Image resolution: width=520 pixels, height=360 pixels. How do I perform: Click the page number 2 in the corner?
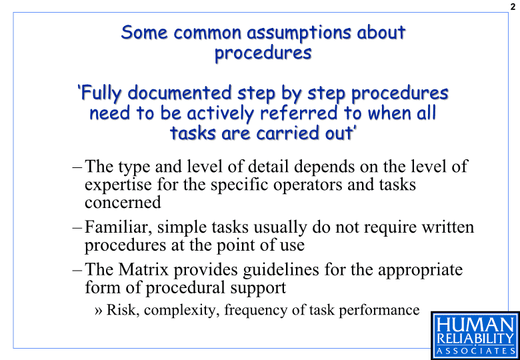(513, 6)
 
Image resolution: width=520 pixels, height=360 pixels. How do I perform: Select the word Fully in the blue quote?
(101, 93)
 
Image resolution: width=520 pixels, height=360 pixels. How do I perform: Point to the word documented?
(179, 93)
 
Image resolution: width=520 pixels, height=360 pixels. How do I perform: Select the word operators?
(308, 185)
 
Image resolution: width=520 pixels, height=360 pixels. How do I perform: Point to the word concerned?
(123, 203)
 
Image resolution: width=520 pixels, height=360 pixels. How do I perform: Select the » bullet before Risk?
(98, 311)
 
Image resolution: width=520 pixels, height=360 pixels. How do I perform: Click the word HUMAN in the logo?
(475, 325)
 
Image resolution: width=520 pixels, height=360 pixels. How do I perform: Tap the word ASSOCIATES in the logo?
(475, 351)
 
